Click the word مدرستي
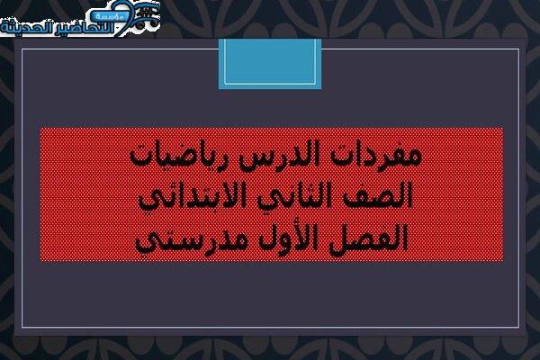point(193,240)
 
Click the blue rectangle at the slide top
point(270,64)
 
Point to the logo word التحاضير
point(80,28)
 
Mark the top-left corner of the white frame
point(22,49)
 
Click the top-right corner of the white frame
point(518,49)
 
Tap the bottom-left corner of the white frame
point(22,327)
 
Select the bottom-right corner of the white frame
point(518,327)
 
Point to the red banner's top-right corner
point(503,127)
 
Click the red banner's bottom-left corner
point(40,262)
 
